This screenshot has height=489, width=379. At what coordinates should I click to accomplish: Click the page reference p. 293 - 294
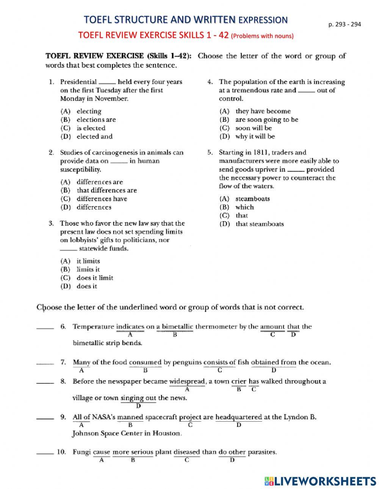(x=345, y=24)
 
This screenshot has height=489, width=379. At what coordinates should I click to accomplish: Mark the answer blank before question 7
(x=45, y=364)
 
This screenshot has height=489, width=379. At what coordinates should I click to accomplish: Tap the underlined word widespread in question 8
(x=187, y=381)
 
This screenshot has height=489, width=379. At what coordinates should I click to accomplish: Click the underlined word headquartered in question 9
(x=238, y=417)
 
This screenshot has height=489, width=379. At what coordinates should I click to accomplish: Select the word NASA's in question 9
(x=103, y=417)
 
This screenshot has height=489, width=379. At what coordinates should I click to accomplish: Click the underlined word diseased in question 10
(x=186, y=452)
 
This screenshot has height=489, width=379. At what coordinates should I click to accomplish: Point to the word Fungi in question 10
(x=81, y=452)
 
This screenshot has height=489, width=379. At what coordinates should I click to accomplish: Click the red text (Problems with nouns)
(x=262, y=36)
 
